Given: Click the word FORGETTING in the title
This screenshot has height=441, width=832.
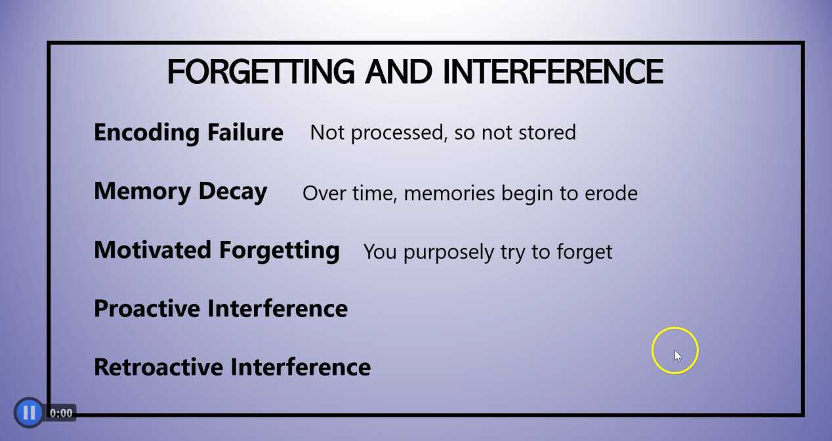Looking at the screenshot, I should [x=260, y=72].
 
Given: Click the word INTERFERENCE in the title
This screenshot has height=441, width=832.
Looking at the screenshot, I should [x=552, y=72].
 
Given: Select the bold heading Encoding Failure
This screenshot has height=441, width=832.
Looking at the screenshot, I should [x=188, y=133].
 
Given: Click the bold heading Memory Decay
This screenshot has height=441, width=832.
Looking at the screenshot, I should [x=180, y=192].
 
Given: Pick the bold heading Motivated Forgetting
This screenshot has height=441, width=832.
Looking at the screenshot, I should [x=217, y=250].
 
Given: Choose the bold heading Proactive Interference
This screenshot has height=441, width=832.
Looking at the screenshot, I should [x=220, y=308].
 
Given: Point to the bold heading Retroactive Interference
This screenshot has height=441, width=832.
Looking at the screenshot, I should [x=232, y=367].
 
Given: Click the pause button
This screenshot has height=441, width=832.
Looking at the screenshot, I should [x=29, y=413].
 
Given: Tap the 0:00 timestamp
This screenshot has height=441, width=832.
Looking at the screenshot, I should [x=61, y=413].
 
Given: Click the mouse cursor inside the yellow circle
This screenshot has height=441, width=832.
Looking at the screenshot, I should [x=677, y=355].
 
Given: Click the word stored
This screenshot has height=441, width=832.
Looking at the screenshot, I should [x=547, y=133].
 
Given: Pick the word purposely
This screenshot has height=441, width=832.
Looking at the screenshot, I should [x=444, y=253].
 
